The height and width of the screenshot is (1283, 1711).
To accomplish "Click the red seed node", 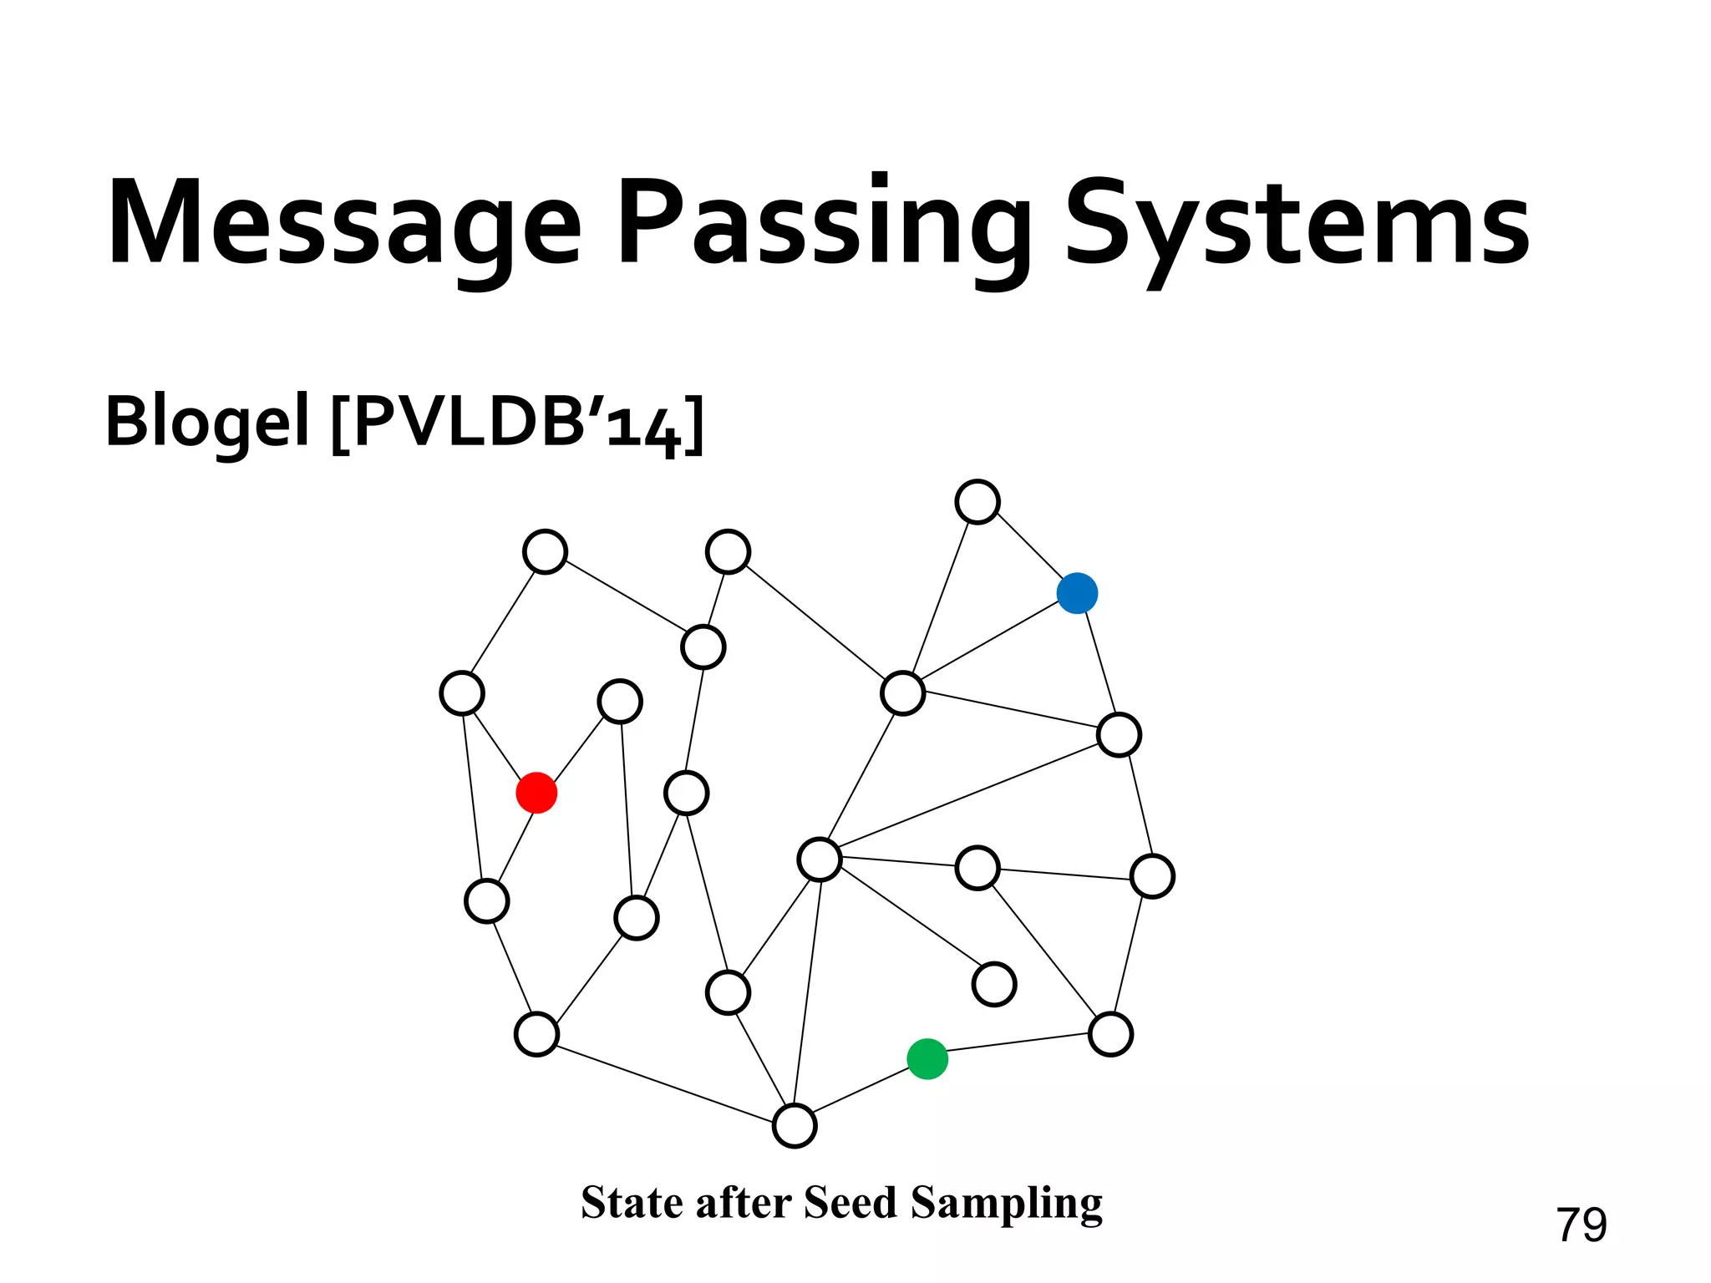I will (536, 793).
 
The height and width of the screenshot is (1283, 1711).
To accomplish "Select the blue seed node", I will (1077, 593).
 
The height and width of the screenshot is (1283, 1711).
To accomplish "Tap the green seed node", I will (927, 1059).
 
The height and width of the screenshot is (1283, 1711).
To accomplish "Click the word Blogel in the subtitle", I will (207, 422).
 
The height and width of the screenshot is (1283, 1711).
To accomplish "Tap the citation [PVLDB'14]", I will (518, 423).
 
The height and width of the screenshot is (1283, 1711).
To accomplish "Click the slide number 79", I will (1581, 1225).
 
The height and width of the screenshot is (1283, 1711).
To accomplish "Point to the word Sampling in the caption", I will (1006, 1204).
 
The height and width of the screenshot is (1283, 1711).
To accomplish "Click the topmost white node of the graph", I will (977, 502).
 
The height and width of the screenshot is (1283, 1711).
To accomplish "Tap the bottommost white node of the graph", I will (795, 1126).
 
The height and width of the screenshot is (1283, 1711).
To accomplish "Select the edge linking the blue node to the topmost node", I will (1028, 547).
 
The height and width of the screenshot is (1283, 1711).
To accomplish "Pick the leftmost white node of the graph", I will (462, 693).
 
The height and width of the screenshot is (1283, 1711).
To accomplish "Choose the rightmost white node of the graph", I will (1152, 876).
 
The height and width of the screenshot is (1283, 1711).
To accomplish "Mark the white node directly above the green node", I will (994, 984).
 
